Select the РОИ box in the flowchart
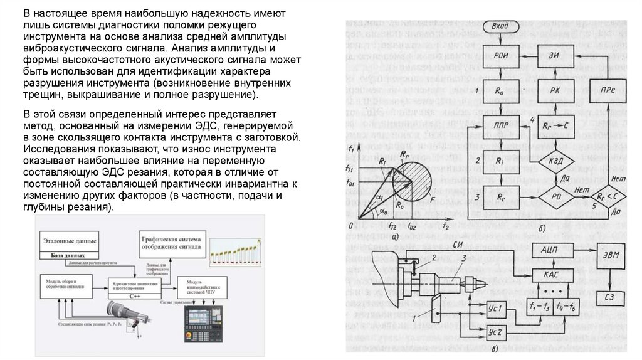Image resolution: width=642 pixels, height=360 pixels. pos(501,55)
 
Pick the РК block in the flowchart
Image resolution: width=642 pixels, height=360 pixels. pos(554,90)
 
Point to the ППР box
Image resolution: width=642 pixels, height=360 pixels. pos(501,125)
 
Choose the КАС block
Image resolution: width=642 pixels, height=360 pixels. pos(552,273)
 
